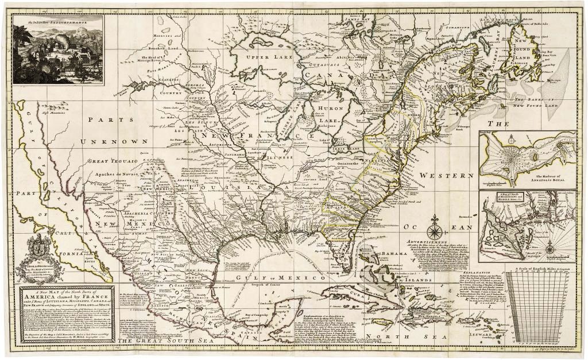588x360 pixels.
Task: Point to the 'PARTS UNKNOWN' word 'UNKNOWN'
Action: [x=114, y=141]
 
